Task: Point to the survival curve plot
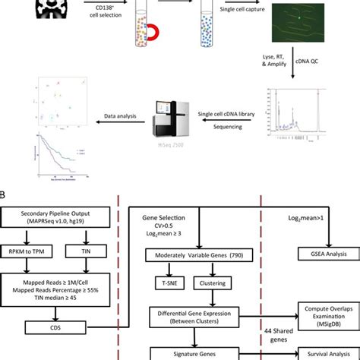pyautogui.click(x=60, y=159)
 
